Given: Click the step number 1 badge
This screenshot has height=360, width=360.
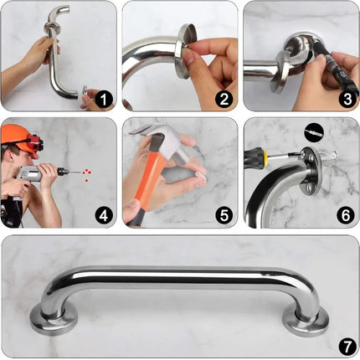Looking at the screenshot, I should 104,100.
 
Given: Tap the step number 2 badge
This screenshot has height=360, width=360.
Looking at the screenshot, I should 224,100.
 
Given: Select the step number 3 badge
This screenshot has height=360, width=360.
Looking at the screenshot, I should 343,100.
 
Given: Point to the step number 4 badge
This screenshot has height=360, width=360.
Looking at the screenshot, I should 104,214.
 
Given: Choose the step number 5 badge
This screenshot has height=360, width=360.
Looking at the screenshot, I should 224,214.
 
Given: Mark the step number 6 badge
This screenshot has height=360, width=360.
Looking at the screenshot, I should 343,214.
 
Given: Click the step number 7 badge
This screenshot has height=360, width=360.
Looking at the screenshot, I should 343,343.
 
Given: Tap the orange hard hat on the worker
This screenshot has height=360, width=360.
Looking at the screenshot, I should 17,134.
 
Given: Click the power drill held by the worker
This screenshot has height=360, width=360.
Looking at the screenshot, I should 38,174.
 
